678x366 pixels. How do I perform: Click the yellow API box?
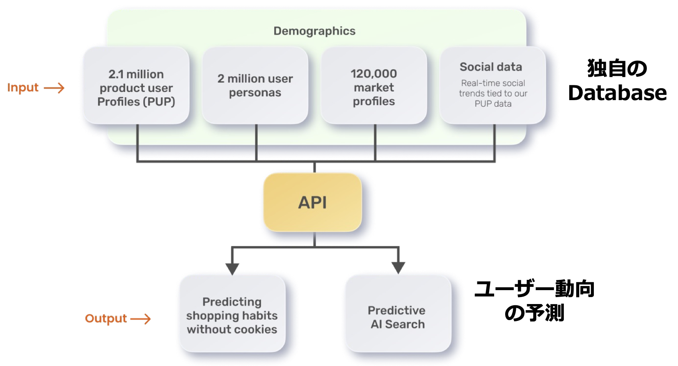(x=313, y=202)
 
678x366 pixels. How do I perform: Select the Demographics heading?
(x=314, y=31)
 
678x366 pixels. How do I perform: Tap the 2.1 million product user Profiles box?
(x=136, y=86)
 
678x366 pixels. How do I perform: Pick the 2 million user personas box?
(x=255, y=86)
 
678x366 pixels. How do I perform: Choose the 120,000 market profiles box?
(x=374, y=86)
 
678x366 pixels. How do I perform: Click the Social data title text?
(x=491, y=67)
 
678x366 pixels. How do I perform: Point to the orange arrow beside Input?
(x=54, y=88)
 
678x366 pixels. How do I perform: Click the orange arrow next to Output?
(x=141, y=319)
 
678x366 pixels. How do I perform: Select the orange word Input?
(x=23, y=88)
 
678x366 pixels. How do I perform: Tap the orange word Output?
(x=106, y=319)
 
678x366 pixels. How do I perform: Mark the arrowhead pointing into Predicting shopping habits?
(x=232, y=269)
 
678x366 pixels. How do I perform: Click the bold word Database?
(x=617, y=93)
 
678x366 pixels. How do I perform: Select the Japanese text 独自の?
(x=617, y=69)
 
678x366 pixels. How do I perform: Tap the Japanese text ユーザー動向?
(x=534, y=289)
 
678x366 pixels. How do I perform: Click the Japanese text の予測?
(x=534, y=313)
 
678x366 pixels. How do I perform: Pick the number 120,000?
(x=374, y=73)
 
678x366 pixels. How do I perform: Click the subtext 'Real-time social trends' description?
(x=493, y=94)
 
